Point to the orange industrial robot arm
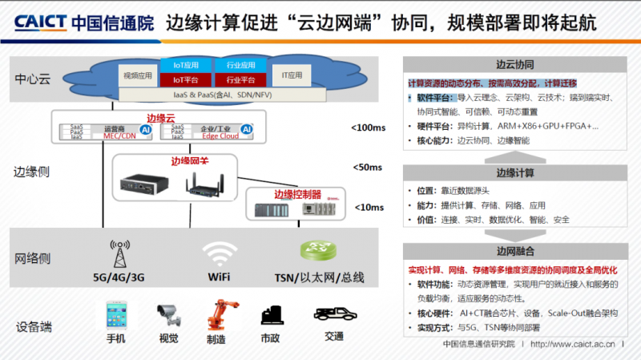pos(216,315)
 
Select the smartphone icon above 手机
pos(117,315)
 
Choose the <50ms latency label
pos(367,168)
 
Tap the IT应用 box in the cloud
pos(292,75)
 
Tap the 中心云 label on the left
pos(32,79)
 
